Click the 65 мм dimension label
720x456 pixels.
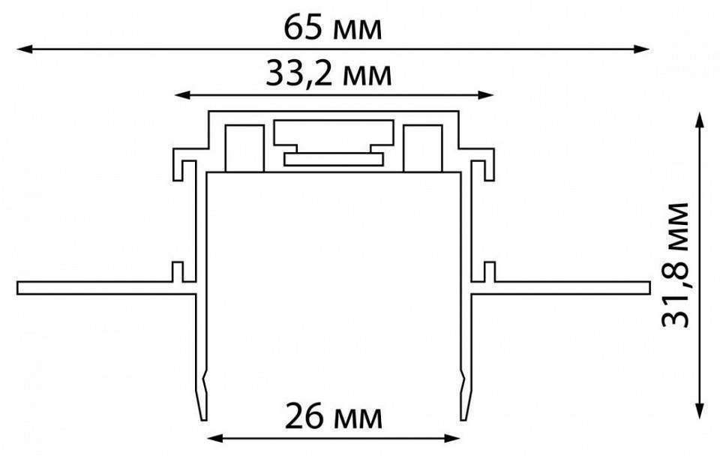click(x=332, y=28)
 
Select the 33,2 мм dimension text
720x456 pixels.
click(x=328, y=75)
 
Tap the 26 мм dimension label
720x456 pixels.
click(x=333, y=418)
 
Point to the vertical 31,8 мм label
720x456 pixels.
click(x=676, y=265)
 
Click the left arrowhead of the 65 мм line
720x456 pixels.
click(x=25, y=49)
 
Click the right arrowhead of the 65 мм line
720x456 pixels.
click(x=641, y=49)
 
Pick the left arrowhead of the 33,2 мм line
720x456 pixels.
click(x=183, y=95)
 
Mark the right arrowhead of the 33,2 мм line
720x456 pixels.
click(x=486, y=95)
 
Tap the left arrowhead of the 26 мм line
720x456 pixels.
click(x=216, y=439)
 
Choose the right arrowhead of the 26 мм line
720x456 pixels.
click(x=451, y=439)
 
